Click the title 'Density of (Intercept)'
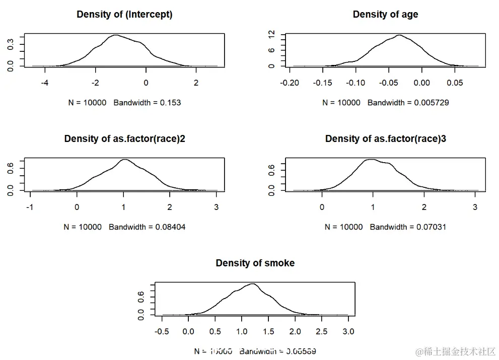[124, 15]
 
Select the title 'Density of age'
[385, 15]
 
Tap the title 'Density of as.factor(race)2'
[124, 139]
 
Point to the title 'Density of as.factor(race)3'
[385, 139]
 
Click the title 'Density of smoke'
[255, 263]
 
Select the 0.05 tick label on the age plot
[455, 83]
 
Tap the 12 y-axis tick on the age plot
[271, 35]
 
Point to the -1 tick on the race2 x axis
[31, 207]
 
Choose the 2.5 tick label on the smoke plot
[322, 331]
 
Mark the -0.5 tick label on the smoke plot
[162, 331]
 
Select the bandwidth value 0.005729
[432, 103]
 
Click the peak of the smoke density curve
[252, 284]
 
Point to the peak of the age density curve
[399, 35]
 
